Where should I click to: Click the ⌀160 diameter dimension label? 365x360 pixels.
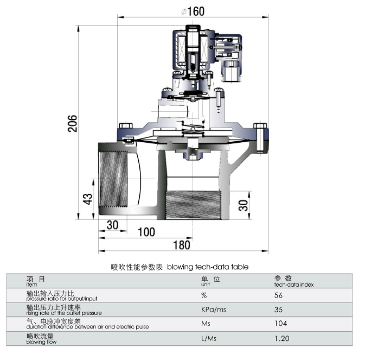pos(193,10)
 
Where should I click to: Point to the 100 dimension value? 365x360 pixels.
pos(145,232)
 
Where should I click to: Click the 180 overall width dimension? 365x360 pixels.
pos(182,245)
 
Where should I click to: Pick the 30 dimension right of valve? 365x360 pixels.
pos(244,205)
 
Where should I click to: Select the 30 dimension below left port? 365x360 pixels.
pos(112,225)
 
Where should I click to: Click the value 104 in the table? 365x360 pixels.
pos(281,324)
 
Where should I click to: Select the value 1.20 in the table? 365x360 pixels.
pos(282,338)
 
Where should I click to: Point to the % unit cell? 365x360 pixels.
pos(204,295)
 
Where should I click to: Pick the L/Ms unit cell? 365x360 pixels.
pos(209,338)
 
